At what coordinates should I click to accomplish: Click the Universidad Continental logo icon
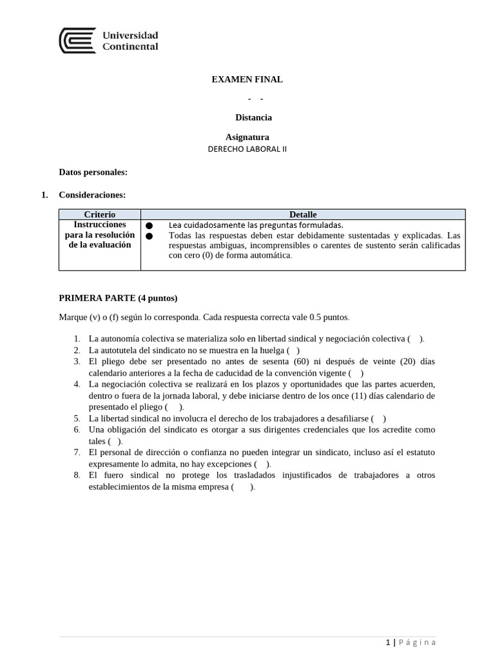[77, 40]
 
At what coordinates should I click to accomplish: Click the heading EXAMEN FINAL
[247, 79]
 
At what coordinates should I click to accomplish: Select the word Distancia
[253, 117]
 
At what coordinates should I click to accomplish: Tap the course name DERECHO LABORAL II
[247, 148]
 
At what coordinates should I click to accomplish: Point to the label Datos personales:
[93, 172]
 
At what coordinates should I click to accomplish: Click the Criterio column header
[100, 214]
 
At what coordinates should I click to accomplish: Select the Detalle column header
[302, 214]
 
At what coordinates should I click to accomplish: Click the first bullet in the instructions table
[150, 225]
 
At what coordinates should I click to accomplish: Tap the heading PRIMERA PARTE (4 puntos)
[118, 298]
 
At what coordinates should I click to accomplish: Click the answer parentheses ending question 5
[379, 418]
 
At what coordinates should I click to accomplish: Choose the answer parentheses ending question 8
[243, 487]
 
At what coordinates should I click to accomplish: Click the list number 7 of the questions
[77, 453]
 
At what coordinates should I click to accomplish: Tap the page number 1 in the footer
[387, 642]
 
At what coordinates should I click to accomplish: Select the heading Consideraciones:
[92, 194]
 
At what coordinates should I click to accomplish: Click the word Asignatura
[247, 137]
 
